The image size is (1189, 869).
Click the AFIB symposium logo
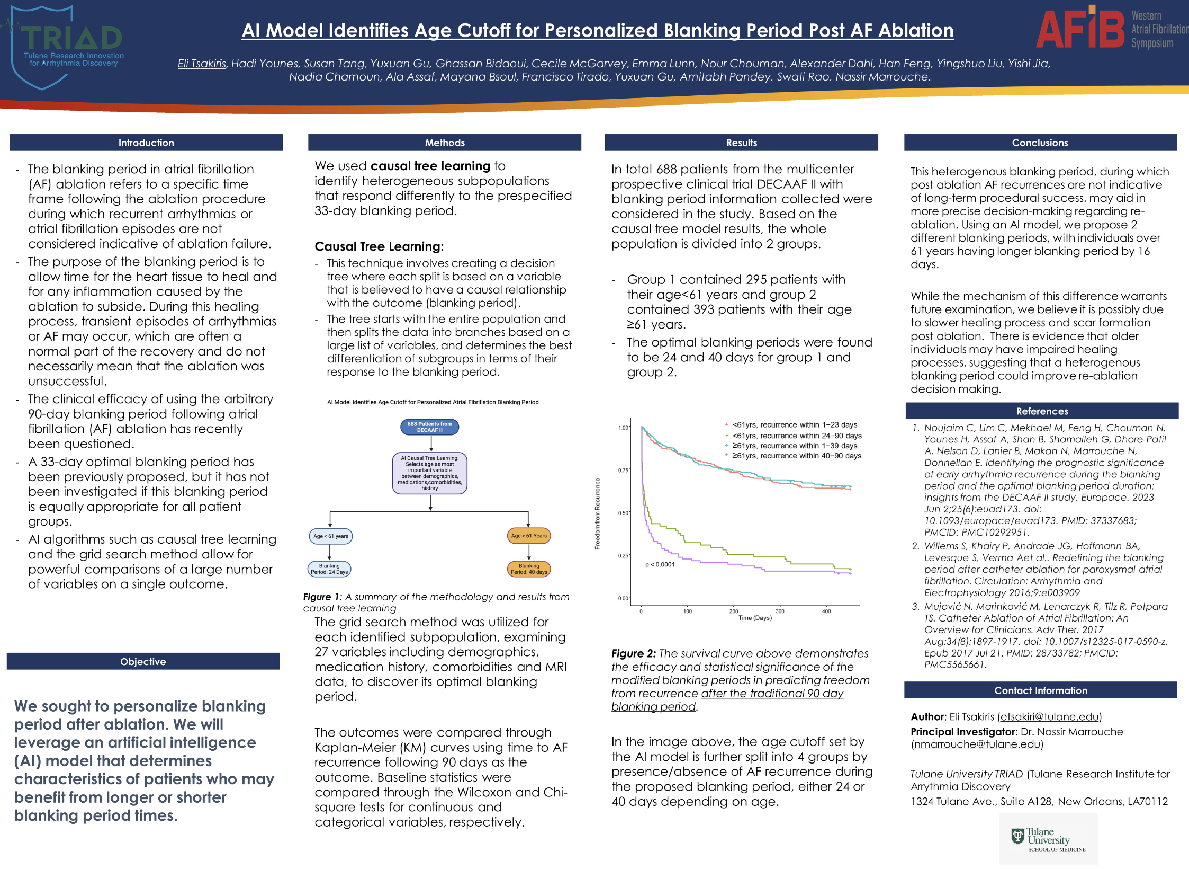[x=1109, y=29]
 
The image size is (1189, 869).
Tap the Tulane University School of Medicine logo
[x=1048, y=839]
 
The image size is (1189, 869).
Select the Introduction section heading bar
[x=146, y=143]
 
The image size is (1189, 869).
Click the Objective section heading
[x=143, y=661]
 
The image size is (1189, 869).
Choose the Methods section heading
[x=445, y=143]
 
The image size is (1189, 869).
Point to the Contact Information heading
[x=1040, y=690]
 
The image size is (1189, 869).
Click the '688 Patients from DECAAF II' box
[x=429, y=427]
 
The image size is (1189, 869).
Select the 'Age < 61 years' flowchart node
[x=330, y=536]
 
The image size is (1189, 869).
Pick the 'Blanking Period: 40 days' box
[x=529, y=569]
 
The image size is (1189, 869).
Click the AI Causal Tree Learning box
[x=429, y=473]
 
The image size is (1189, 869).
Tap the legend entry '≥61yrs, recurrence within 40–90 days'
[x=796, y=456]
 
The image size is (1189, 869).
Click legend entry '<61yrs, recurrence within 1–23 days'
[x=794, y=425]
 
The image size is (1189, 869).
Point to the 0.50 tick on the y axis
[x=623, y=513]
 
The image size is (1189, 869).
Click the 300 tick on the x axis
[x=780, y=611]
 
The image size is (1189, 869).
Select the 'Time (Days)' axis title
[x=755, y=618]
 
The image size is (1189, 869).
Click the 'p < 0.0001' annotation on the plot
[x=660, y=564]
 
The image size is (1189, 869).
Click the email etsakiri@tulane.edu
[x=1049, y=717]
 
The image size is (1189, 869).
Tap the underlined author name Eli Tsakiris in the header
[x=202, y=64]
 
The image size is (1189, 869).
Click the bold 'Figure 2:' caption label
[x=633, y=653]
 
